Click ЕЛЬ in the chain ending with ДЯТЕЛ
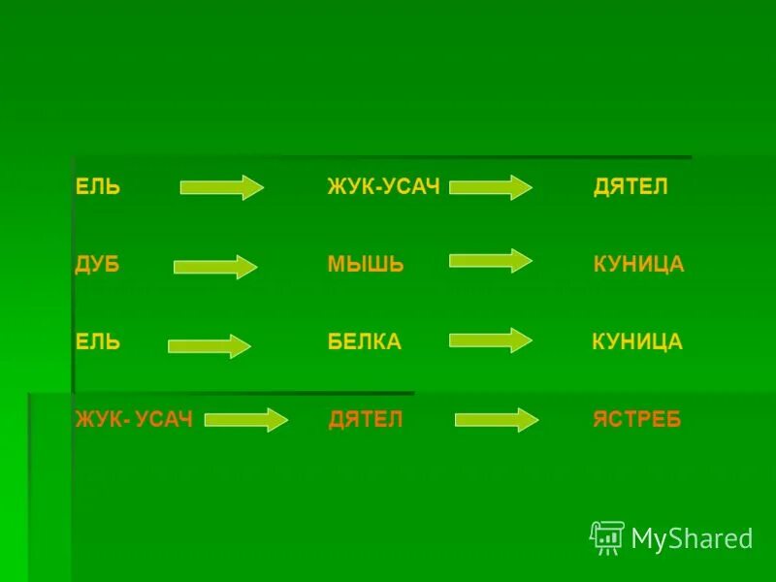[x=98, y=187]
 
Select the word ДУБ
[x=97, y=265]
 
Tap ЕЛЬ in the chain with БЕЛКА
[x=98, y=341]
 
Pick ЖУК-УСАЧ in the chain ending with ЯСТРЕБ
[x=135, y=420]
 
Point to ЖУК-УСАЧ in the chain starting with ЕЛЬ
[x=384, y=187]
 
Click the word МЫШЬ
[x=366, y=265]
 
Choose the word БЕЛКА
[x=365, y=341]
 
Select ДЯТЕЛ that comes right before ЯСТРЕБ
[x=366, y=420]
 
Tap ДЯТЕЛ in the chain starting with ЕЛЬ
[x=630, y=187]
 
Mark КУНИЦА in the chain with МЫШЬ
[x=638, y=265]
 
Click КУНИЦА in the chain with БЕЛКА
[x=637, y=341]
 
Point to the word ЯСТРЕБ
[x=637, y=420]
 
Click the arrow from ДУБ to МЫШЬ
[x=215, y=267]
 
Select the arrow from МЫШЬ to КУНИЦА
[x=491, y=260]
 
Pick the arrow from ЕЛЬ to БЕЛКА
[x=210, y=346]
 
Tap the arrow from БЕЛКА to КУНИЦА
[x=491, y=339]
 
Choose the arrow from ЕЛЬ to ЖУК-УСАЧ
[x=222, y=186]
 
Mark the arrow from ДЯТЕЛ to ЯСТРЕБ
[x=497, y=420]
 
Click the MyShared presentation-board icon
[x=607, y=537]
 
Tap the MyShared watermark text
[x=692, y=538]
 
